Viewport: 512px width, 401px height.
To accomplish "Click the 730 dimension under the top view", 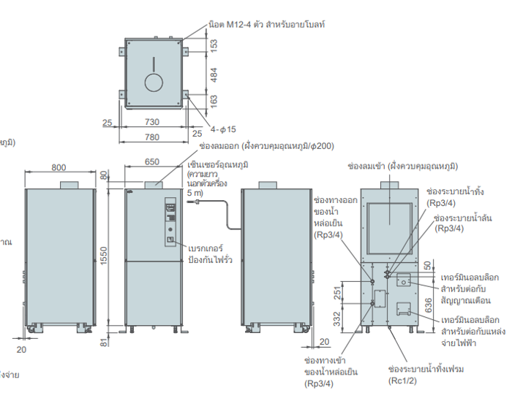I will pyautogui.click(x=152, y=121).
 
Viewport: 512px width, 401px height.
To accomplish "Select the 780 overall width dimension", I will pyautogui.click(x=152, y=137).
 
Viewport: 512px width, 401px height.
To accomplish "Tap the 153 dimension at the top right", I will pyautogui.click(x=214, y=45).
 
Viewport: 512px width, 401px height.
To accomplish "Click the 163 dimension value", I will pyautogui.click(x=214, y=99).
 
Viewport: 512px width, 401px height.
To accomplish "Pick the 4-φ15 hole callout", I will pyautogui.click(x=223, y=129).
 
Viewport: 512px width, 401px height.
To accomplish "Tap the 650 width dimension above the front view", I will pyautogui.click(x=152, y=161).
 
